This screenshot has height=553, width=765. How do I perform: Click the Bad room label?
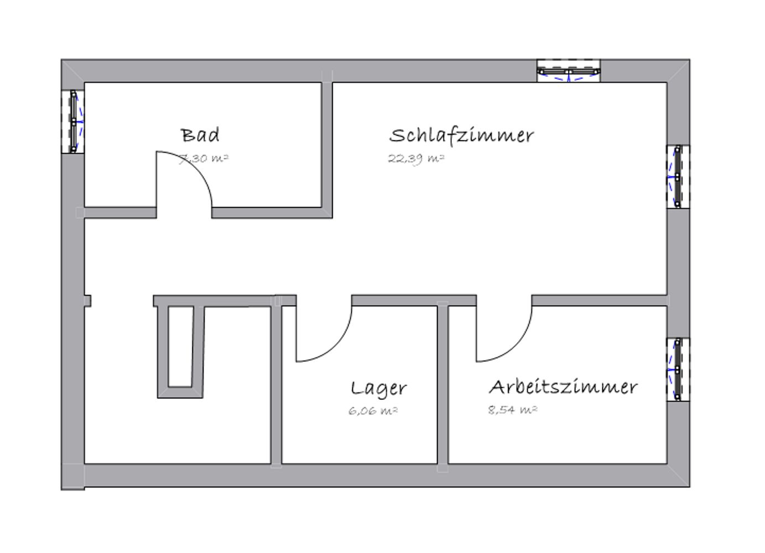pos(200,135)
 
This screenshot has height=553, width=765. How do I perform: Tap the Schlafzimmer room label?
pos(461,135)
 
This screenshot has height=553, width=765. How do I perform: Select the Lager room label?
pos(379,389)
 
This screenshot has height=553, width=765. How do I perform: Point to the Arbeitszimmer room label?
pos(563,387)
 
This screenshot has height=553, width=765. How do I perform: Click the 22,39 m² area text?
pos(417,159)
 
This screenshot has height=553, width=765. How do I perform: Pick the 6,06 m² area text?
pos(373,411)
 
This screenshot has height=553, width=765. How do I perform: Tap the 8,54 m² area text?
pos(513,410)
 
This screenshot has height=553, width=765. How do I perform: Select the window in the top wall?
pos(569,71)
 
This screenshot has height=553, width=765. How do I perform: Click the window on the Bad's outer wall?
pos(73,121)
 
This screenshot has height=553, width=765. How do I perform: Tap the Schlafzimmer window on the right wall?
pos(678,176)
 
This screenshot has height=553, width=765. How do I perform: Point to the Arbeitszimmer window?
pos(678,369)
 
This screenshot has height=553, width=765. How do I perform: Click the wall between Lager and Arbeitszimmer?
pos(443,385)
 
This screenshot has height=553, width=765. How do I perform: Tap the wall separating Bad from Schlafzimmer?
pos(327,145)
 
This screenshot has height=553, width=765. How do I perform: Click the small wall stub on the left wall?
pos(88,301)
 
